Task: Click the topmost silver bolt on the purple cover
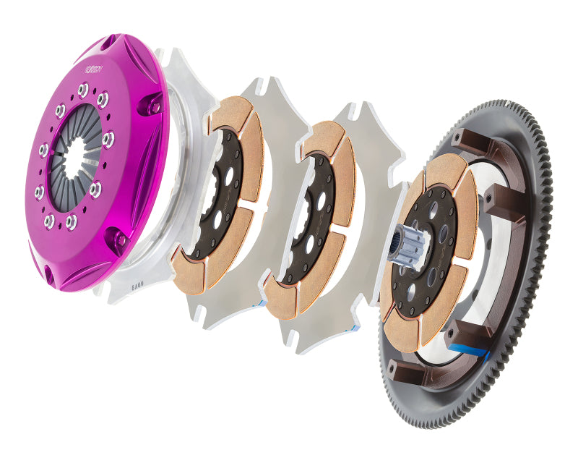(x=84, y=89)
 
